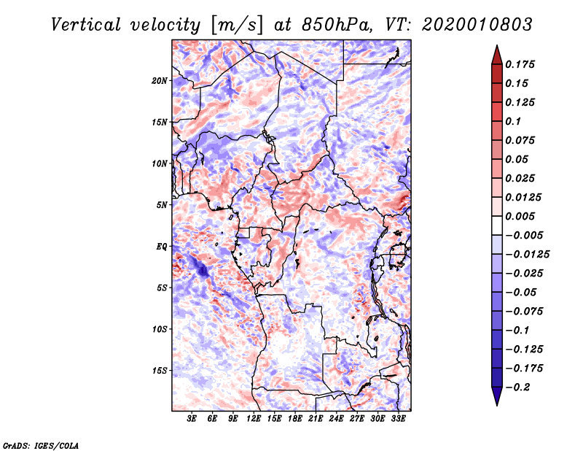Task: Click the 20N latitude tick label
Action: [x=160, y=80]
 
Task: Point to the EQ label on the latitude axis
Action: [x=163, y=247]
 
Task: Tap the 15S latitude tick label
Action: [x=160, y=370]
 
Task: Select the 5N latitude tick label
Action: [x=163, y=205]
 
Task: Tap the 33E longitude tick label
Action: [x=399, y=420]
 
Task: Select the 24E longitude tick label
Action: [x=337, y=420]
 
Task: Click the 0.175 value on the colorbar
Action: [x=522, y=64]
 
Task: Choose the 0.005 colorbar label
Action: [x=522, y=216]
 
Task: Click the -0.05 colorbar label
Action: [x=522, y=292]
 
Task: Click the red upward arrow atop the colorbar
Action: [x=496, y=53]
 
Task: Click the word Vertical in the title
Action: [x=86, y=24]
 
